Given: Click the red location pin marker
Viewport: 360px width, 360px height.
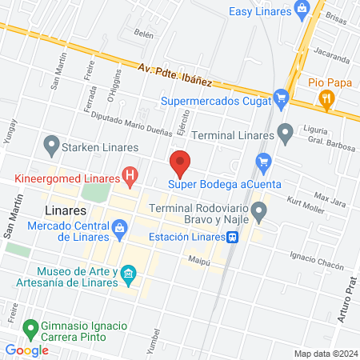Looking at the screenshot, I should (x=180, y=163).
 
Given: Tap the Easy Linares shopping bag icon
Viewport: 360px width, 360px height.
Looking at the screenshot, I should (x=302, y=10).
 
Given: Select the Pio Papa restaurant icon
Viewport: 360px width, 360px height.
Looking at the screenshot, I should (x=326, y=99).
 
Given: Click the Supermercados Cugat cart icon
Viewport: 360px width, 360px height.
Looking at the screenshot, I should (x=280, y=100).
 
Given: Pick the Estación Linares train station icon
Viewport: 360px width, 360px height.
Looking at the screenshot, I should (x=231, y=237).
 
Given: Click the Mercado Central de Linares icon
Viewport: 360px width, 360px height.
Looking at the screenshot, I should (x=119, y=229).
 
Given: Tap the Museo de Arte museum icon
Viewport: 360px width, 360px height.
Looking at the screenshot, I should (x=127, y=276).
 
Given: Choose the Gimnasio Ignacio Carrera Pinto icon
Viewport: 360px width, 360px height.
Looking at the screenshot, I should (x=31, y=327).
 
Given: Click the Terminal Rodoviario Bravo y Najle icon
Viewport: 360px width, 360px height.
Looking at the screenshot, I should (x=258, y=211).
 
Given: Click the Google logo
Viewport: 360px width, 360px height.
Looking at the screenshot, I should (x=26, y=350).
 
